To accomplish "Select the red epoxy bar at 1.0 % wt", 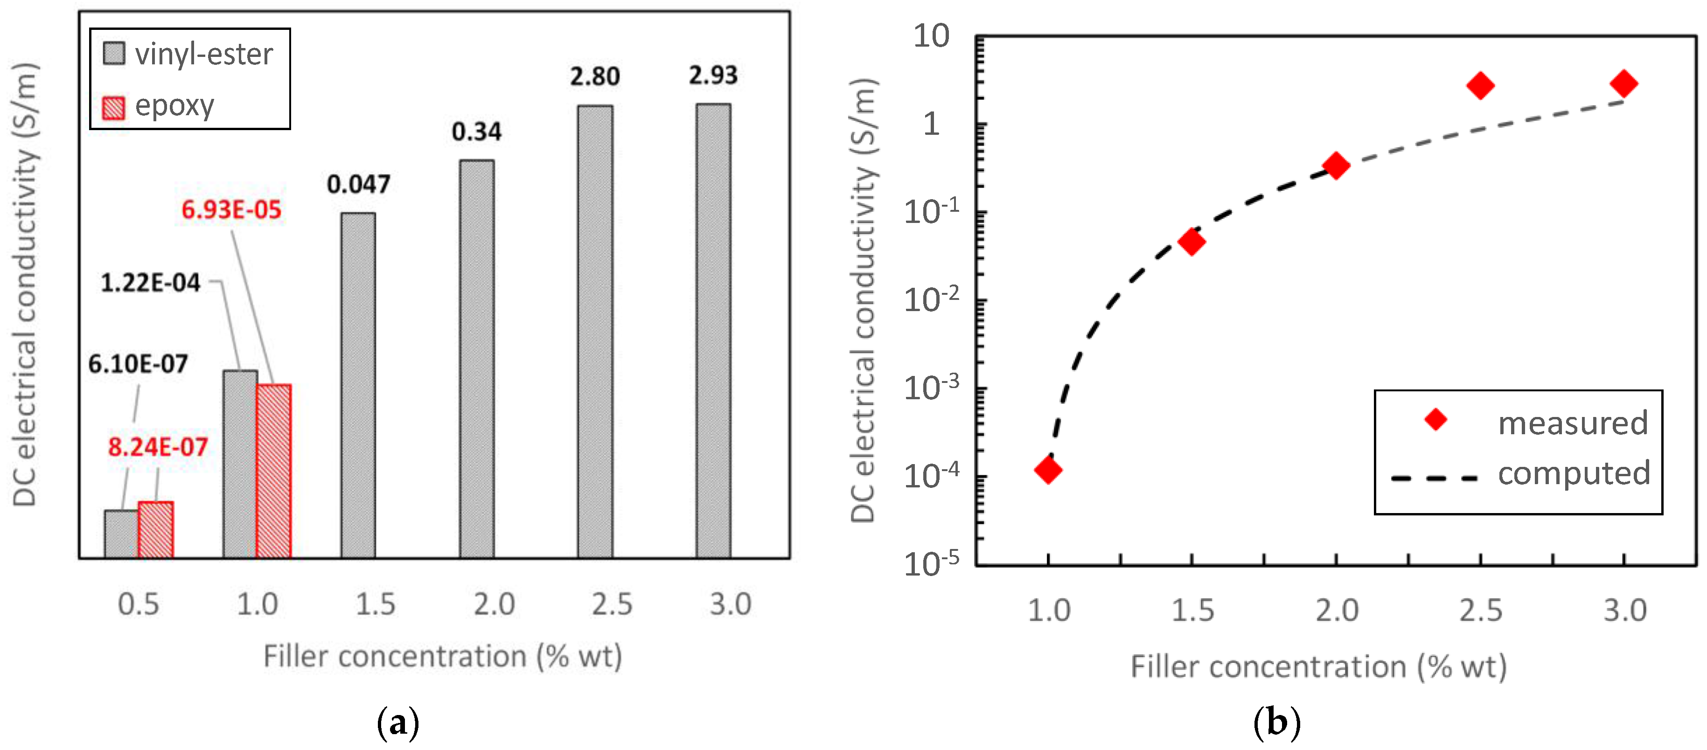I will (273, 471).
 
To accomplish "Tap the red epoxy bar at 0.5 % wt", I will (156, 529).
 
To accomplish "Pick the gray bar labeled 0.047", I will (358, 384).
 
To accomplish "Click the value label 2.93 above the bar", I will (713, 76).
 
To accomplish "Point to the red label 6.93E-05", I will (231, 210).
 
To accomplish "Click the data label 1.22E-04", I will (150, 283).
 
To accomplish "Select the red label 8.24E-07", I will (158, 447).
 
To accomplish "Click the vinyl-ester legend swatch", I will (114, 54).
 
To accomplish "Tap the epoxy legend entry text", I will (174, 106).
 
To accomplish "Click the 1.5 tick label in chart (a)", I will (375, 604).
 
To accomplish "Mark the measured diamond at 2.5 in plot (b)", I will (1480, 85).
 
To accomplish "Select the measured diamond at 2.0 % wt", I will (1336, 166).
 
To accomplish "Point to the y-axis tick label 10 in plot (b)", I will (931, 36).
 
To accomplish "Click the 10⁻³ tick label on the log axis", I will (931, 388).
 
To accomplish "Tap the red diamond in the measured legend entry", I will (1436, 419).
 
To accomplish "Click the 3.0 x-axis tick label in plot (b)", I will (1624, 610).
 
